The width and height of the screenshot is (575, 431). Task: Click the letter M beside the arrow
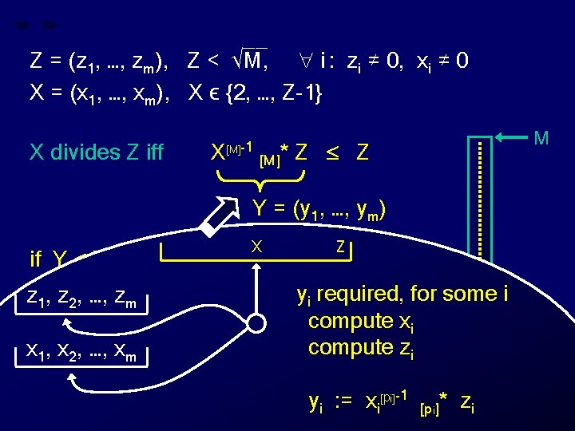click(541, 138)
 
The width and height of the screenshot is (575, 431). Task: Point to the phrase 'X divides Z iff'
click(96, 152)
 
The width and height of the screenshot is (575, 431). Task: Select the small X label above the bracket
click(256, 247)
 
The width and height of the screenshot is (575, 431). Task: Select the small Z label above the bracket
click(340, 247)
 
